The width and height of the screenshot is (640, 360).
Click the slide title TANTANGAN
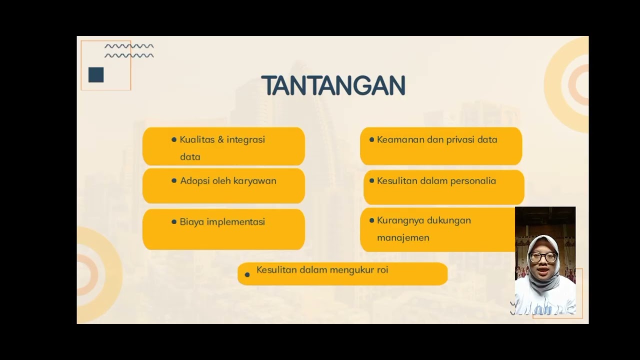[333, 86]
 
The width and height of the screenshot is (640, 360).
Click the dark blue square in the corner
[96, 75]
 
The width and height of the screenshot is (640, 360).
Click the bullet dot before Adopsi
[174, 180]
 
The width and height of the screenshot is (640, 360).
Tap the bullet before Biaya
[174, 221]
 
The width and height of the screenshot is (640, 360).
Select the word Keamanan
[398, 139]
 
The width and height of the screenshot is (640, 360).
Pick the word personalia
[473, 181]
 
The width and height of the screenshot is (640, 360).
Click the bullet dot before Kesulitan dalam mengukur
[247, 274]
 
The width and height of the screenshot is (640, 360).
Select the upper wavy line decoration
[129, 46]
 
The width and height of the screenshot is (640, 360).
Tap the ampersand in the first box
[221, 139]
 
